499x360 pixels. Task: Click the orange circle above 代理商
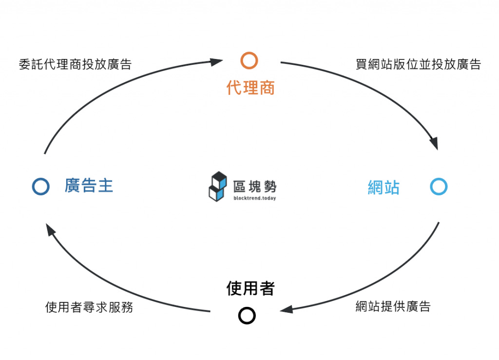click(x=249, y=60)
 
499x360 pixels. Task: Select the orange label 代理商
click(x=250, y=88)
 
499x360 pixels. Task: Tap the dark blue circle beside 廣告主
click(x=41, y=187)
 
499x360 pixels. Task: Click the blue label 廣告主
click(x=89, y=186)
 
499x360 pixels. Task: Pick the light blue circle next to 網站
click(x=439, y=187)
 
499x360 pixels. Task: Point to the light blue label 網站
click(x=383, y=188)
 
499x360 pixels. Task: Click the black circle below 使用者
click(x=247, y=315)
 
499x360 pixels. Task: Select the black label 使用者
click(x=250, y=288)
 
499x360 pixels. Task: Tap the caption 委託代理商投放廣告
click(x=75, y=65)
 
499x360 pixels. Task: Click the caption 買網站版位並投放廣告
click(x=418, y=65)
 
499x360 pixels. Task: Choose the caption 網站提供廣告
click(x=393, y=306)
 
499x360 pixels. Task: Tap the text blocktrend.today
click(x=255, y=198)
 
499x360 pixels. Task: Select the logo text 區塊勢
click(x=255, y=185)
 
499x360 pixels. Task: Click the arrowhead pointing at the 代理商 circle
click(x=217, y=61)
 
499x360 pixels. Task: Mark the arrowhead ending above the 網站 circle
click(x=433, y=144)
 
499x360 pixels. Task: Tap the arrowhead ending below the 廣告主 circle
click(x=49, y=228)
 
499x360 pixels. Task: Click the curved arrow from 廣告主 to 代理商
click(x=97, y=88)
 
